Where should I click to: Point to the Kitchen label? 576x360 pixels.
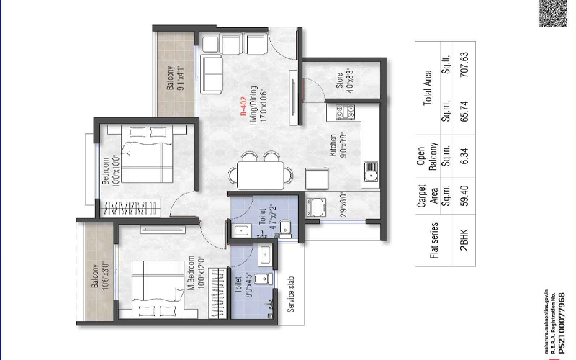[333, 144]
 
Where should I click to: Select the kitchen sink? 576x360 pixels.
[372, 174]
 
